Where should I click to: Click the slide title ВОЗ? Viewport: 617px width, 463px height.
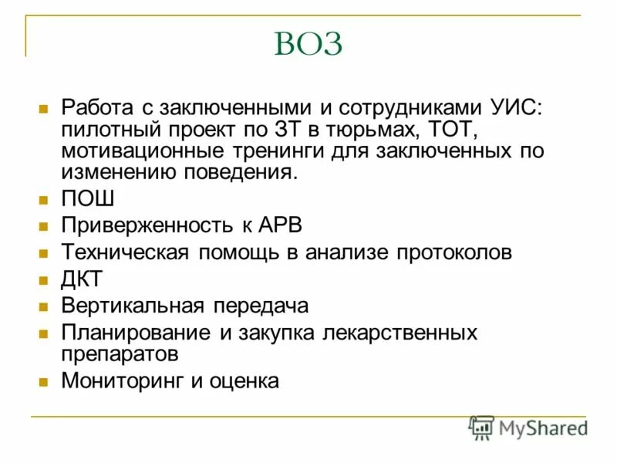coord(308,44)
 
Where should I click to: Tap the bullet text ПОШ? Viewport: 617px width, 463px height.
coord(88,198)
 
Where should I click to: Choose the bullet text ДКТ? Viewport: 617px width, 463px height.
coord(82,279)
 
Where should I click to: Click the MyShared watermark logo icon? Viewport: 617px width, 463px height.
coord(482,428)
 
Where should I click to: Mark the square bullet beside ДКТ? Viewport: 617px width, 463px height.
coord(44,279)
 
